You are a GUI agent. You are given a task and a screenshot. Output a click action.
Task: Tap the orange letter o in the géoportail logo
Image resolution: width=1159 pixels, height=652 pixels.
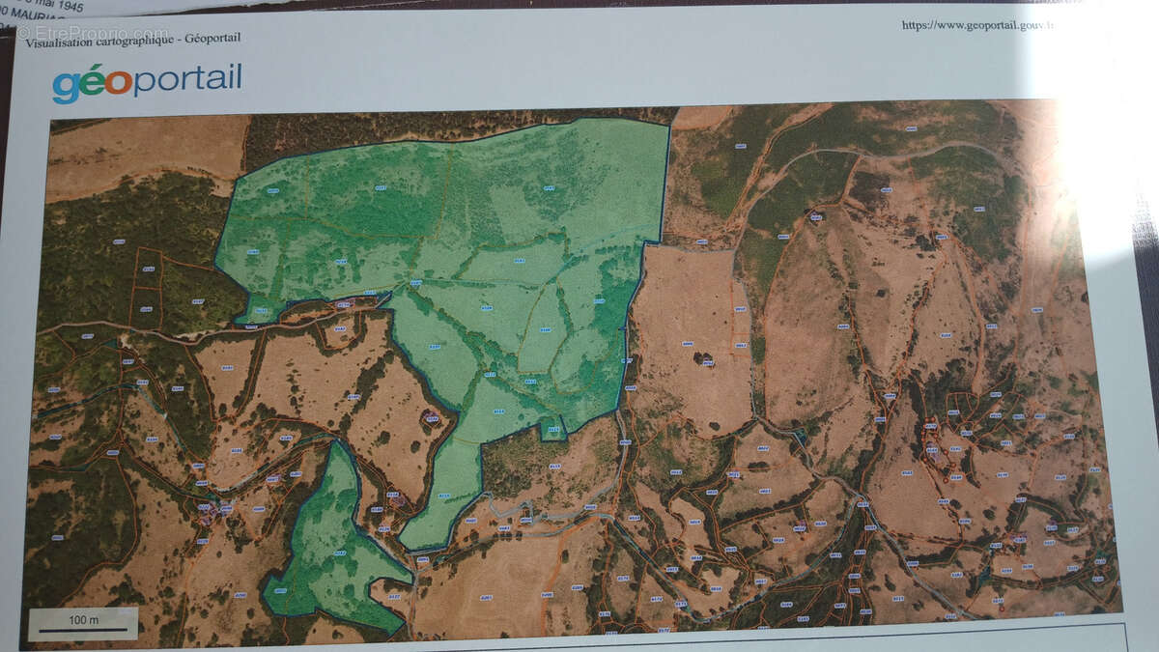(x=119, y=82)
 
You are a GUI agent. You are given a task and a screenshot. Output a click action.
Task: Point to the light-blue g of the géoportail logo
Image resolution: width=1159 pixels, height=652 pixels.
(x=66, y=86)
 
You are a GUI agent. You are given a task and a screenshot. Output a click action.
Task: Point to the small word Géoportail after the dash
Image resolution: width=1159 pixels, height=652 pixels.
(x=212, y=38)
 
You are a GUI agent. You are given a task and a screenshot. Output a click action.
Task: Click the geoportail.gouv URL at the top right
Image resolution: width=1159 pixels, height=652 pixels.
(x=975, y=25)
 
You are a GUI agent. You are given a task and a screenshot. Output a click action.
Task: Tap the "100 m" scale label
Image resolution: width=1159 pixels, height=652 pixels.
(x=83, y=618)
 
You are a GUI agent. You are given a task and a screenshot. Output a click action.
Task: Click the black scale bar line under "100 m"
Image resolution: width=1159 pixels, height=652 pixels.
(x=83, y=630)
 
